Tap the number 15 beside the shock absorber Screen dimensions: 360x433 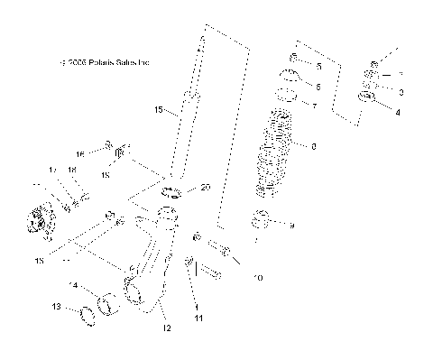coord(159,111)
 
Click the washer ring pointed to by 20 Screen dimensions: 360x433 coord(172,191)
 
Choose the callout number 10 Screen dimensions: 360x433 coord(257,277)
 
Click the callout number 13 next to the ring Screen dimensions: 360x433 coord(56,307)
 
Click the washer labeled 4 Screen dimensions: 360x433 coord(366,97)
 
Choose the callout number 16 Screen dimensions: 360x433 coord(79,153)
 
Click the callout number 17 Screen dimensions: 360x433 coord(53,169)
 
